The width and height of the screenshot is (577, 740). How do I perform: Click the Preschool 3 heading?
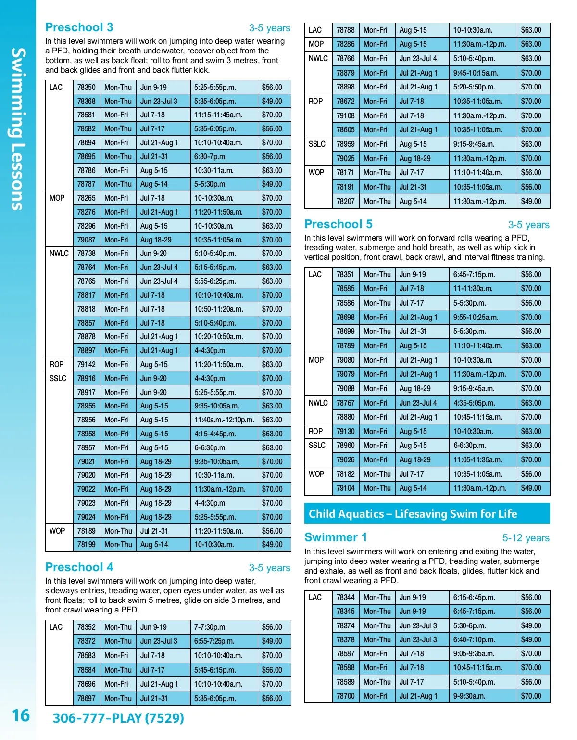click(79, 27)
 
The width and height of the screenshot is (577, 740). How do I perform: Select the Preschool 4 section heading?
click(79, 567)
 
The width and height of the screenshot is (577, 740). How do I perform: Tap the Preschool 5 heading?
click(339, 224)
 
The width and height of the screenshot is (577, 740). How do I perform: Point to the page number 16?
click(21, 715)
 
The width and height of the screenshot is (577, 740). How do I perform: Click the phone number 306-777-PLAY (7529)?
click(118, 718)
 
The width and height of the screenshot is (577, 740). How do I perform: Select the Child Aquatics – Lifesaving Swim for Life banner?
click(427, 514)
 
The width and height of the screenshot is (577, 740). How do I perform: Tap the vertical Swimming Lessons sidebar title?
click(18, 128)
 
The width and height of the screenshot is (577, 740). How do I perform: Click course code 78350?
click(87, 88)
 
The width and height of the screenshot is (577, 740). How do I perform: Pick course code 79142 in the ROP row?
click(87, 365)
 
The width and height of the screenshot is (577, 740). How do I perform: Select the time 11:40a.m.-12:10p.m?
click(224, 420)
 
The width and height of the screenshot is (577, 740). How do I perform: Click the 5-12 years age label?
click(526, 538)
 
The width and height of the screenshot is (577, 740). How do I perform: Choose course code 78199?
click(87, 545)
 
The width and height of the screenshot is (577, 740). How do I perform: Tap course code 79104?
click(346, 488)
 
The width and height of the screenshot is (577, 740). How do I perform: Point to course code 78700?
click(346, 696)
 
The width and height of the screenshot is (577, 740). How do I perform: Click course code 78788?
click(346, 30)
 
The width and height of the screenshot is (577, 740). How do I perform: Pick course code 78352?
click(87, 627)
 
